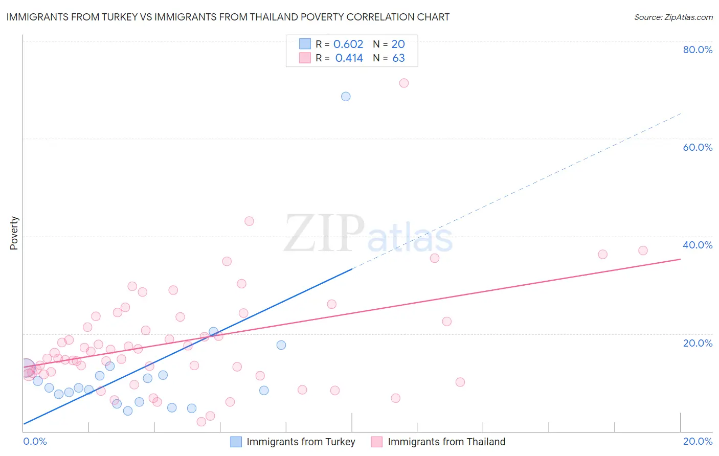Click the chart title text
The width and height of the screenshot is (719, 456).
click(x=228, y=17)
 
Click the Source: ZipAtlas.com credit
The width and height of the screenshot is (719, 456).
click(x=673, y=17)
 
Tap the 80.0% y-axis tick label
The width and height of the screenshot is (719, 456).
click(x=698, y=50)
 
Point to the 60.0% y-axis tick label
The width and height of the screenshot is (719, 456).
click(x=698, y=147)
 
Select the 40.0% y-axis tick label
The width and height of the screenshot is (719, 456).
click(x=698, y=245)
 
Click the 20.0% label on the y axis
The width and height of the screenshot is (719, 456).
click(x=698, y=343)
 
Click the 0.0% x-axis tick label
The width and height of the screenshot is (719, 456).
click(x=35, y=441)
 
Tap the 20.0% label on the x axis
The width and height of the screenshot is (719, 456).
click(x=698, y=441)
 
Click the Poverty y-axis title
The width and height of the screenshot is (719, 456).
click(x=14, y=233)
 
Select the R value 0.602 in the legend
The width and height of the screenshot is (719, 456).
click(x=348, y=44)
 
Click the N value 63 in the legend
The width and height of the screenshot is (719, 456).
click(x=398, y=58)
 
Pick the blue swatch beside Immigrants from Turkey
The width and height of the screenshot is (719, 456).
click(x=236, y=442)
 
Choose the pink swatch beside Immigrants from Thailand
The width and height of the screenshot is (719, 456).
click(x=377, y=442)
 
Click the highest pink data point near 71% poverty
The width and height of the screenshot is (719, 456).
click(x=404, y=83)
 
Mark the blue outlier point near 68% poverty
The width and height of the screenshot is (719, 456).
click(x=346, y=96)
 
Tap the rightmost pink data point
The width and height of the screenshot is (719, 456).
click(x=643, y=250)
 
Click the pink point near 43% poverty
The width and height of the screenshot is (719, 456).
click(x=249, y=221)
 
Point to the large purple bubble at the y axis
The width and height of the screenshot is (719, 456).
click(x=26, y=368)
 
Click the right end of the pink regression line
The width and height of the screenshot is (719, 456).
click(x=680, y=259)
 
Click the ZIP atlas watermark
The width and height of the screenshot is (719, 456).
click(x=368, y=234)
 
